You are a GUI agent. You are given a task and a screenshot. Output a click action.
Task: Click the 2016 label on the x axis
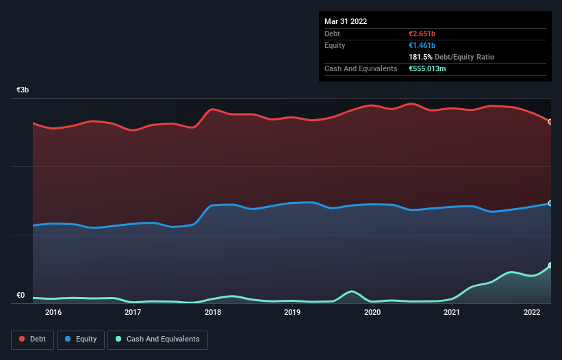(x=53, y=313)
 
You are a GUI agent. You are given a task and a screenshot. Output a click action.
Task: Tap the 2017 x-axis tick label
(x=133, y=313)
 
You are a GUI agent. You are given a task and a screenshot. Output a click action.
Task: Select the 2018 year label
(x=213, y=313)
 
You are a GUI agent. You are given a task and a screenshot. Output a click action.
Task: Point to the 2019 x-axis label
(x=292, y=313)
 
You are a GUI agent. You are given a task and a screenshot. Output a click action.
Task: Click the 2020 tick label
(x=372, y=313)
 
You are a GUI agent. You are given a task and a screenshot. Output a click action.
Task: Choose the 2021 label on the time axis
(x=452, y=313)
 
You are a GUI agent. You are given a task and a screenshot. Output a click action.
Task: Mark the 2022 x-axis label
(x=532, y=313)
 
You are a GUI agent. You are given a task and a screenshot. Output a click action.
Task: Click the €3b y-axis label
(x=23, y=90)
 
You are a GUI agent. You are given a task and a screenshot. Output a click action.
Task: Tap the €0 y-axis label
(x=21, y=296)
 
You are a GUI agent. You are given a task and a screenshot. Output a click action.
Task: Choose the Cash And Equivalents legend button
(x=157, y=339)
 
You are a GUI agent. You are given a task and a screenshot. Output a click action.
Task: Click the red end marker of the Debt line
(x=550, y=122)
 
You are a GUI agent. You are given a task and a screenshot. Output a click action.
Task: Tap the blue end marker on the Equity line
(x=550, y=203)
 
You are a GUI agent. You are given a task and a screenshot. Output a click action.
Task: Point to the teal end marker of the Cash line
(x=550, y=266)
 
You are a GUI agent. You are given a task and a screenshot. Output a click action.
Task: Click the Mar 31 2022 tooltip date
(x=346, y=21)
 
